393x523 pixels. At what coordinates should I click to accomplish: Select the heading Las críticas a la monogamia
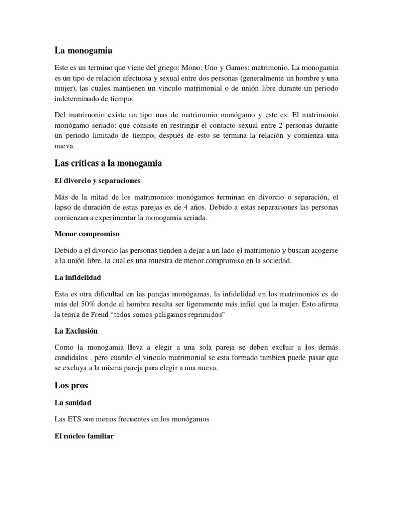point(108,163)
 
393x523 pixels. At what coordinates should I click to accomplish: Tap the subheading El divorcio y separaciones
point(97,181)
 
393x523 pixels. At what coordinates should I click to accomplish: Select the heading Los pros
point(71,386)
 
